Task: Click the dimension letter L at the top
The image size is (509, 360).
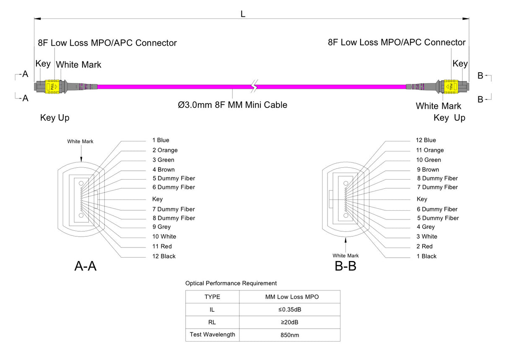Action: click(243, 14)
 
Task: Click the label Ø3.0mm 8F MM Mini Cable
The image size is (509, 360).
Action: click(233, 105)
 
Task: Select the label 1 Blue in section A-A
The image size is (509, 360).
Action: click(161, 140)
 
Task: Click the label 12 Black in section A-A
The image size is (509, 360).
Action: click(164, 256)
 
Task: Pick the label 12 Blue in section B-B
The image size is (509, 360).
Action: click(426, 140)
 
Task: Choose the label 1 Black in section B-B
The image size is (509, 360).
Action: click(426, 256)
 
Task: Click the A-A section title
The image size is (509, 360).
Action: click(86, 266)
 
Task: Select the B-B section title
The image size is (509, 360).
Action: click(345, 266)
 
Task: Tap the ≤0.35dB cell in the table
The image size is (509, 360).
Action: click(289, 310)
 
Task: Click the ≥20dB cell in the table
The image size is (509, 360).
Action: click(289, 322)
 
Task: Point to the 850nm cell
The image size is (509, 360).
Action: click(289, 335)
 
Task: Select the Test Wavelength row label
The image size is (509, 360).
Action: click(212, 334)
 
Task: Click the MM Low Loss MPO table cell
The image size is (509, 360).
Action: click(289, 297)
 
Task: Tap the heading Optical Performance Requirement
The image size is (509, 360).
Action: click(231, 283)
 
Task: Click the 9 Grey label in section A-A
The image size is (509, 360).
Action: click(161, 227)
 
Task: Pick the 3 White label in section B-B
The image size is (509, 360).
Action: click(427, 237)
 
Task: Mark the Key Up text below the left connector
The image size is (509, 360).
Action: click(55, 118)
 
